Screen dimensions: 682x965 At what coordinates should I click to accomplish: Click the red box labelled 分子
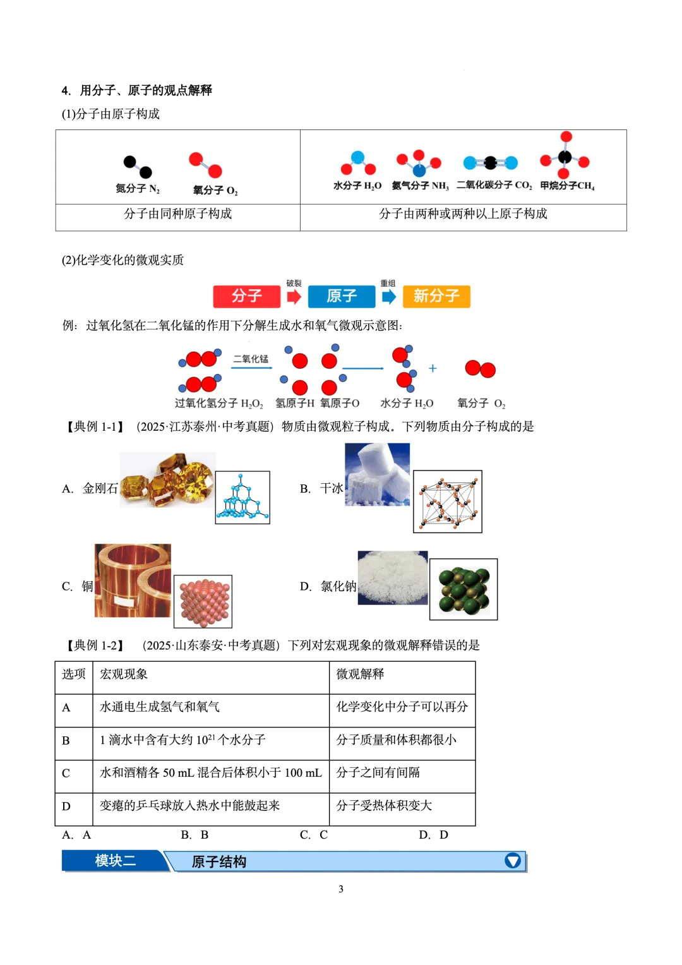click(x=246, y=296)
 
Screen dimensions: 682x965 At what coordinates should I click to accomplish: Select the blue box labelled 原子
click(x=342, y=296)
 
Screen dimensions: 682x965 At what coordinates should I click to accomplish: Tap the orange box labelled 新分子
click(x=436, y=296)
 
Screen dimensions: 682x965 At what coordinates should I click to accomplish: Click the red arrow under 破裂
click(x=294, y=296)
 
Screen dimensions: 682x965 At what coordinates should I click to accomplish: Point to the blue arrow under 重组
click(x=389, y=296)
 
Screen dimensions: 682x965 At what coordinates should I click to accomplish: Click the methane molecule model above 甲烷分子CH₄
click(x=565, y=156)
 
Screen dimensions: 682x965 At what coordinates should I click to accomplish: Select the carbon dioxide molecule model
click(x=490, y=163)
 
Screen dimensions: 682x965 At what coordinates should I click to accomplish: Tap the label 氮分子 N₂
click(x=138, y=189)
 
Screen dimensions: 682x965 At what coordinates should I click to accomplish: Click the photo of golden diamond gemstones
click(x=167, y=479)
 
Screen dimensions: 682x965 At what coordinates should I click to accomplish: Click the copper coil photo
click(x=133, y=580)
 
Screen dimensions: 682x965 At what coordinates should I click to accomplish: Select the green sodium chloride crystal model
click(x=464, y=589)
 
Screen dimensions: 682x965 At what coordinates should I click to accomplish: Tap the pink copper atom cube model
click(x=203, y=601)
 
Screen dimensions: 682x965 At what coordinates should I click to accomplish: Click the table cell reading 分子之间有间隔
click(x=378, y=772)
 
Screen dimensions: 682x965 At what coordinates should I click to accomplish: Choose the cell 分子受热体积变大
click(x=384, y=805)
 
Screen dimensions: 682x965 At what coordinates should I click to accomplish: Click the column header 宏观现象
click(x=124, y=674)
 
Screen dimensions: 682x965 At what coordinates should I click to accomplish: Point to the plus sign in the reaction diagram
click(x=433, y=368)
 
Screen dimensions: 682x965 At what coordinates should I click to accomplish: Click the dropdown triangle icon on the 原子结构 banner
click(x=513, y=861)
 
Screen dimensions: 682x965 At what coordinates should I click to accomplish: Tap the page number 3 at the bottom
click(x=341, y=889)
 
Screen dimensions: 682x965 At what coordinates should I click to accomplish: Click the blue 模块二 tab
click(x=115, y=861)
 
